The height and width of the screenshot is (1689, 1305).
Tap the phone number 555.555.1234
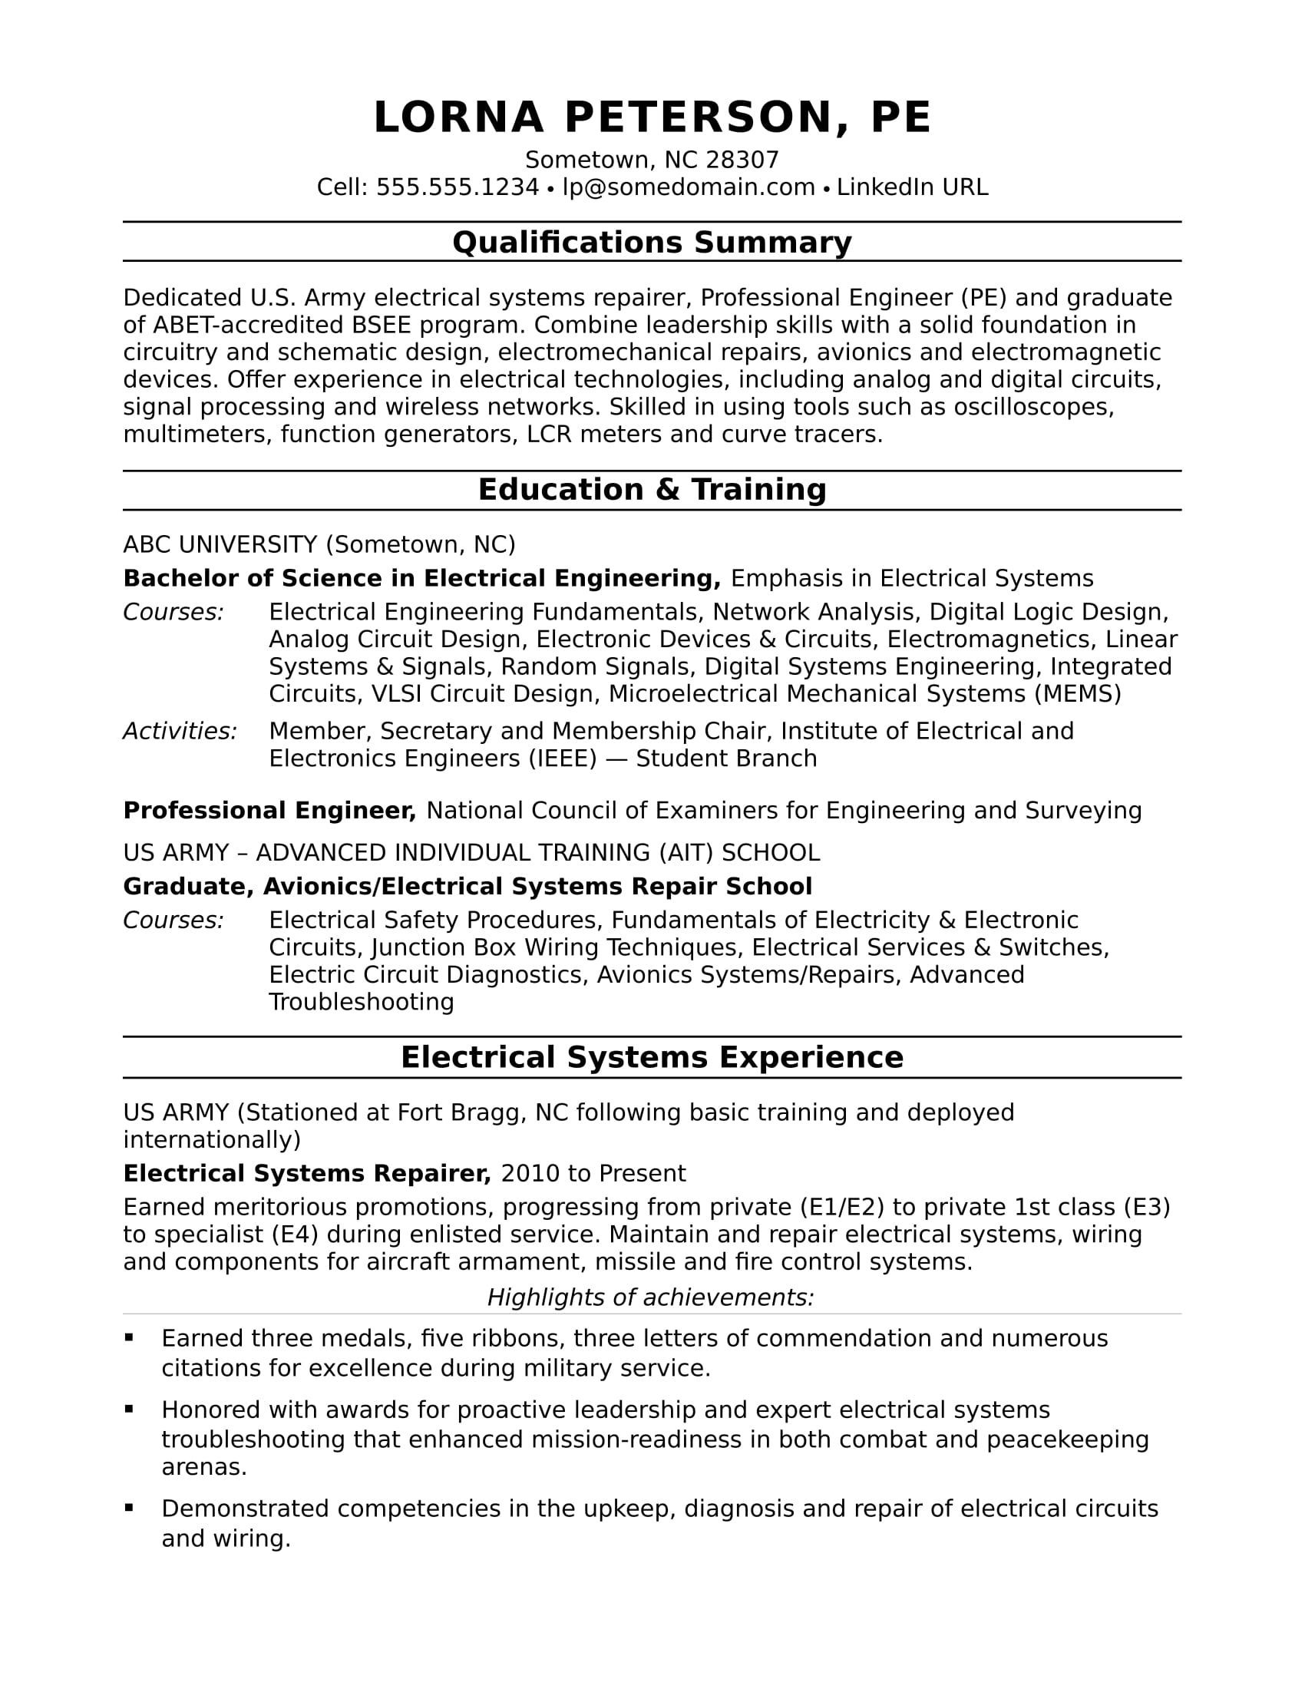point(457,187)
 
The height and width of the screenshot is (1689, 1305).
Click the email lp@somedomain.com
point(688,187)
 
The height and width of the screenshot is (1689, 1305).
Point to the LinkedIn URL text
point(912,187)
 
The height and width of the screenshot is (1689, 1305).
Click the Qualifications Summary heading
point(652,242)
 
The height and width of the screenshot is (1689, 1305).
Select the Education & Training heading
point(652,490)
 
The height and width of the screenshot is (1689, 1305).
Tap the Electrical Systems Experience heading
point(652,1057)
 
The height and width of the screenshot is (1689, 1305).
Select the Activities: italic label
point(180,731)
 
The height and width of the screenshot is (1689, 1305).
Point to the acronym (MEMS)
point(1078,694)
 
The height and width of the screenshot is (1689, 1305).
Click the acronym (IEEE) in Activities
point(563,758)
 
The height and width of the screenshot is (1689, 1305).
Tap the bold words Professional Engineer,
point(269,811)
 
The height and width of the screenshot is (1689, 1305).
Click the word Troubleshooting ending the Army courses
point(361,1001)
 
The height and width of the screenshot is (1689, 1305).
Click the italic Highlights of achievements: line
point(651,1297)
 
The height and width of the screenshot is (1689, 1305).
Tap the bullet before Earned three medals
point(129,1337)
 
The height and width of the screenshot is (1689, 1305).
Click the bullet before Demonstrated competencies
point(129,1507)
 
